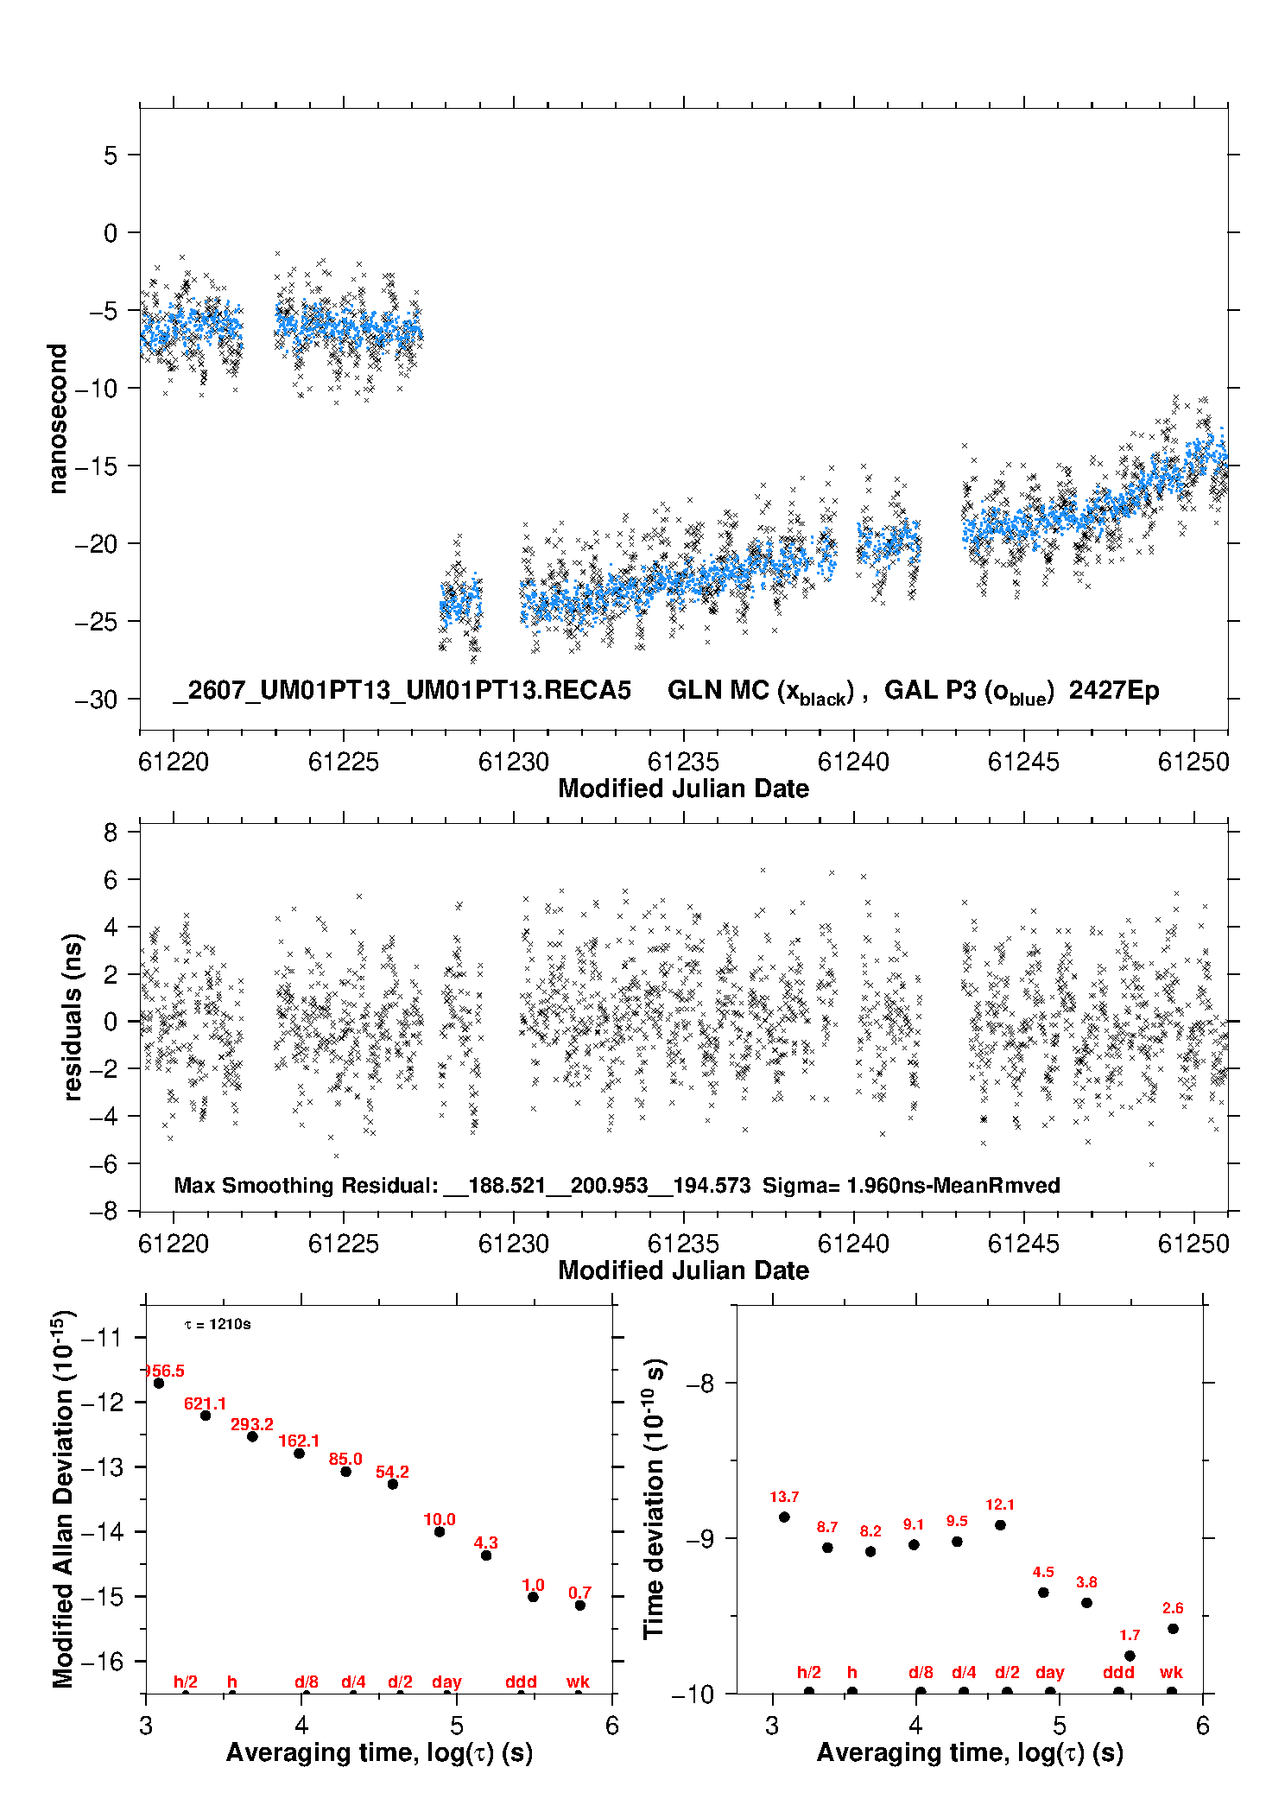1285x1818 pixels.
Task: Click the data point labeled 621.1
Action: [206, 1416]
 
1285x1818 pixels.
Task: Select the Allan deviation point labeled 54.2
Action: [393, 1484]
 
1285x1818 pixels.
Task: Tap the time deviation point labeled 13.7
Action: [784, 1517]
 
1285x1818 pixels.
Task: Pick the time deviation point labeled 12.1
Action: [1000, 1524]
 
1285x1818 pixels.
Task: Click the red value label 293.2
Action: [252, 1424]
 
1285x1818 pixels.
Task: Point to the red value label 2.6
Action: [1173, 1608]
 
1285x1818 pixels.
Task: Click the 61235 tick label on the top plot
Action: [683, 762]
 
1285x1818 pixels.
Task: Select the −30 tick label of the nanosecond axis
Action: [96, 699]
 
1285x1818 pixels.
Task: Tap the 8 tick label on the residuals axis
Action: [111, 833]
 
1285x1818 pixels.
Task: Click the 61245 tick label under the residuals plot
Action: [1023, 1244]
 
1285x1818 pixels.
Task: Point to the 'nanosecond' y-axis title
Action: [57, 419]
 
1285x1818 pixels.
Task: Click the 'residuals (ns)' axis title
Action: [73, 1017]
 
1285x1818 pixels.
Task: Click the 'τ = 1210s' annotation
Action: [218, 1324]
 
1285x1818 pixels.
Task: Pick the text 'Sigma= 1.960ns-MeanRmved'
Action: [911, 1185]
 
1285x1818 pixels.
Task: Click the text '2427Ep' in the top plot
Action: [1114, 690]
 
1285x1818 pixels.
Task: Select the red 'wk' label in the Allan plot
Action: [578, 1682]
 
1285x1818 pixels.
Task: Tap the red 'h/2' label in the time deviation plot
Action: [809, 1673]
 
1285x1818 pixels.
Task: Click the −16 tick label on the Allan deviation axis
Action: [100, 1661]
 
